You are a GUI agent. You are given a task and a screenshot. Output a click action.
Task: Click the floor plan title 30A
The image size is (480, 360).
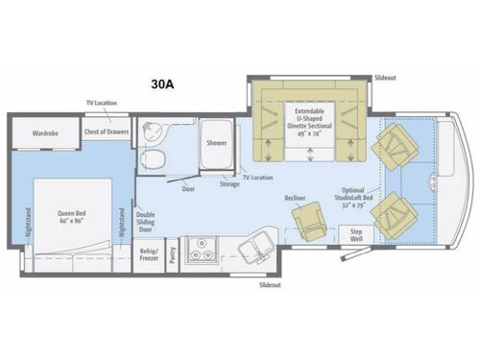[x=162, y=84]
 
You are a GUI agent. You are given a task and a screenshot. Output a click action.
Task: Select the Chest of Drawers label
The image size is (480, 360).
[x=105, y=132]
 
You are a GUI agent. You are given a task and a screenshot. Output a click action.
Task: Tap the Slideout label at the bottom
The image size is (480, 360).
[x=272, y=285]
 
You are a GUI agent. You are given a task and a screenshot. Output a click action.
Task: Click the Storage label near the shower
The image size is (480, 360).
[x=228, y=183]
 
